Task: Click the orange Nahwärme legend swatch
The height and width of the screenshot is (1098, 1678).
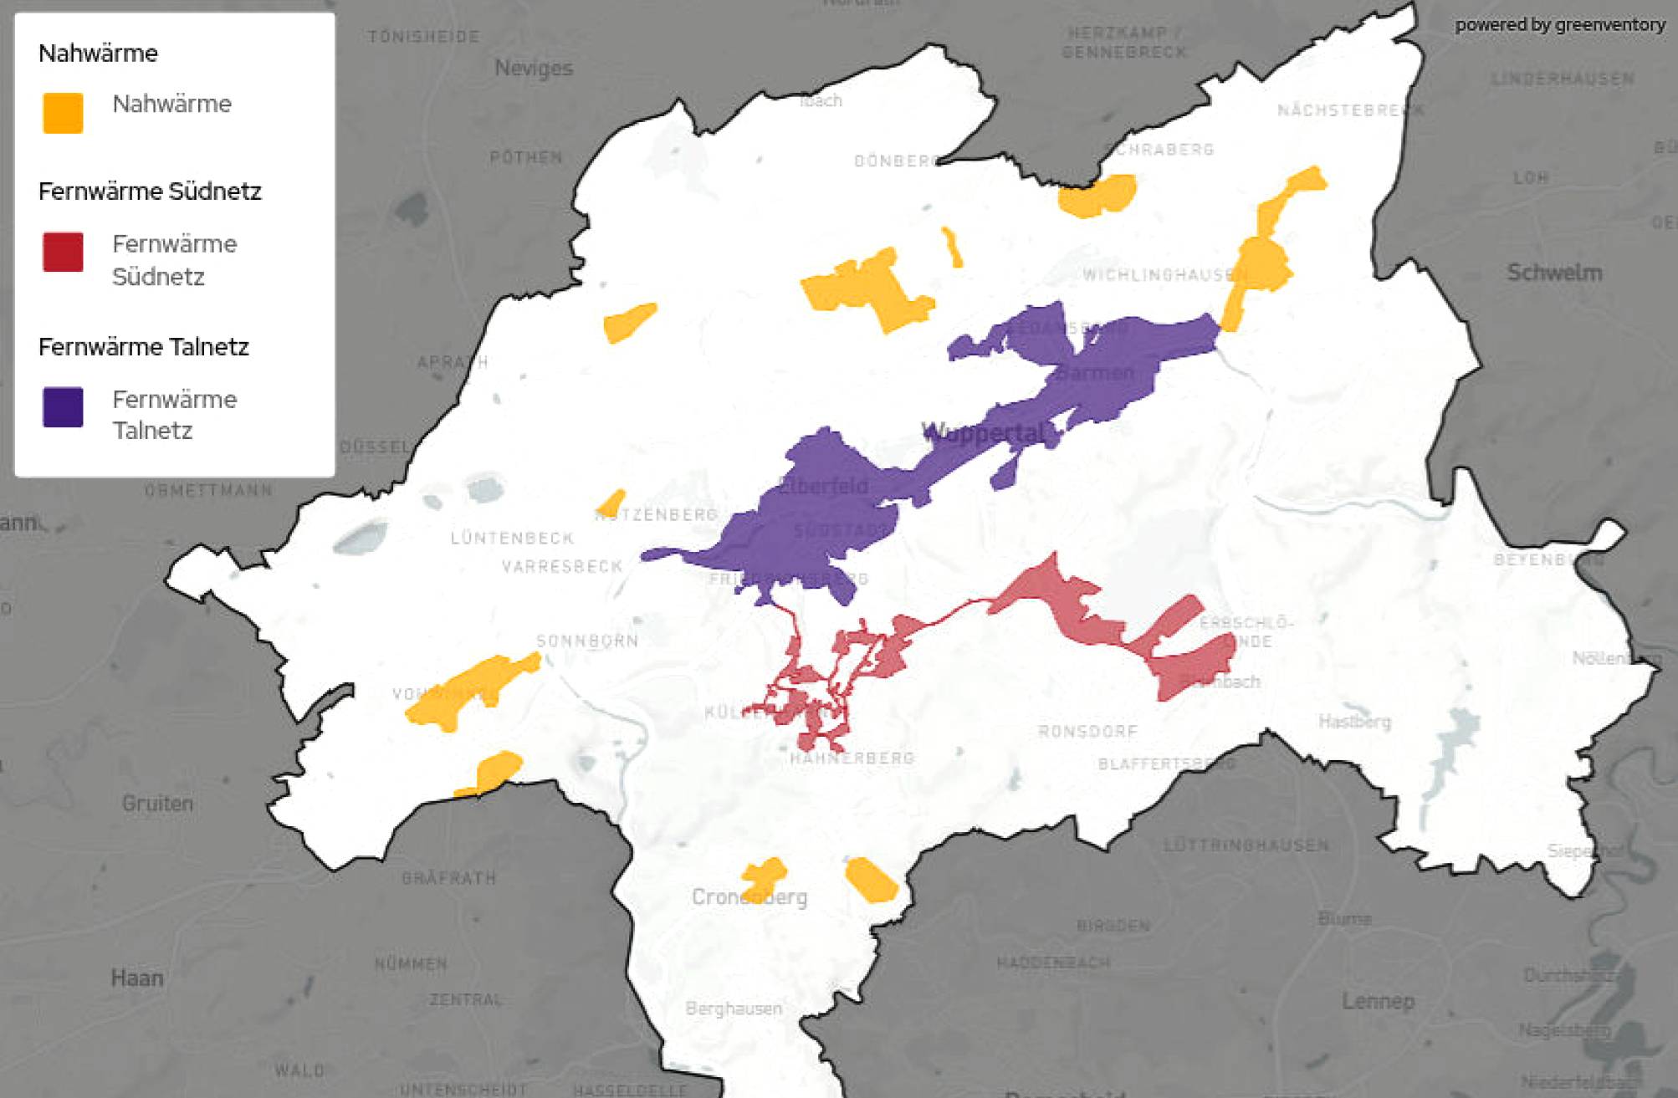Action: click(63, 113)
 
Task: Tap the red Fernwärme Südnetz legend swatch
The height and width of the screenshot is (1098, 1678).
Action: click(63, 252)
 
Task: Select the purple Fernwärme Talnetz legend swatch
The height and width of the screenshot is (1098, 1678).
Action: click(63, 407)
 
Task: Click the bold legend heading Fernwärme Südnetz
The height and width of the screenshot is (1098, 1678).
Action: click(150, 192)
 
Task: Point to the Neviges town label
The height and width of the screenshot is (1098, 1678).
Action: click(534, 68)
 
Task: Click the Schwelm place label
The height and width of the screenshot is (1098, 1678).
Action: click(1554, 273)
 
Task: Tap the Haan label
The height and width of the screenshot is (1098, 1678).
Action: click(137, 978)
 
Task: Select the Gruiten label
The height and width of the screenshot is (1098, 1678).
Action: click(157, 803)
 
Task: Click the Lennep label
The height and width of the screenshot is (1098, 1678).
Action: click(1378, 1001)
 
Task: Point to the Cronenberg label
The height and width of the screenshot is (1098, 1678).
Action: click(749, 897)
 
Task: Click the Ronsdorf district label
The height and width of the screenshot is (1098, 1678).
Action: click(1087, 732)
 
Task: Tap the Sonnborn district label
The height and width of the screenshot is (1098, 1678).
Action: click(587, 641)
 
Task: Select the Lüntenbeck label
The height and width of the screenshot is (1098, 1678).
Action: click(512, 538)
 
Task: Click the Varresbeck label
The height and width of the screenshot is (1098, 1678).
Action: click(562, 567)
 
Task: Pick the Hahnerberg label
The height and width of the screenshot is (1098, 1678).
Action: click(852, 758)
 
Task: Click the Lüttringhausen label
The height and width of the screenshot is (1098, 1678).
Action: click(1246, 845)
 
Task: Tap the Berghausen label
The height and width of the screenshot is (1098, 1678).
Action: click(734, 1009)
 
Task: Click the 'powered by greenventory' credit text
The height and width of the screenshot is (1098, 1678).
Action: click(1559, 25)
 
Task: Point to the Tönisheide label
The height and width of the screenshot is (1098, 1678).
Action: click(424, 37)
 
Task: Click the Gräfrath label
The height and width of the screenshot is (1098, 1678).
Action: click(448, 878)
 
